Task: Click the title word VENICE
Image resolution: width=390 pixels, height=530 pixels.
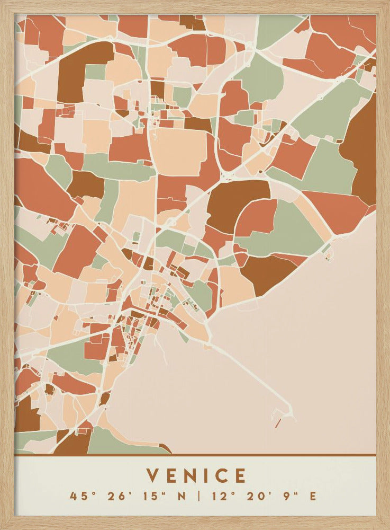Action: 196,475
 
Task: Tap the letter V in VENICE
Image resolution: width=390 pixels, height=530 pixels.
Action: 153,475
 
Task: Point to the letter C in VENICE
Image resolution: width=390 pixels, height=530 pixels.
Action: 221,475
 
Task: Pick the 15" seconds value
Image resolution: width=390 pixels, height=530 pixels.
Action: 150,497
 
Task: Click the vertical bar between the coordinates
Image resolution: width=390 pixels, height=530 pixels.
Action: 198,497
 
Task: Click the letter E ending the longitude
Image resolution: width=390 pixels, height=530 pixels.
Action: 313,497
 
